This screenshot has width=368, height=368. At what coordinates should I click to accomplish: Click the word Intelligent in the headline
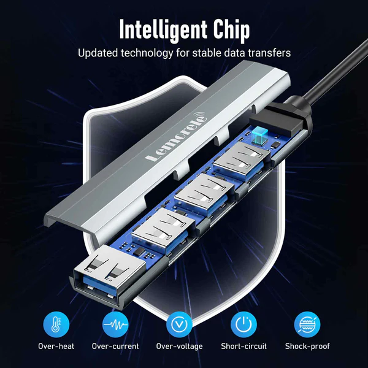[164, 30]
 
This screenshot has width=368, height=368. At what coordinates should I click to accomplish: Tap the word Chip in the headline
[231, 30]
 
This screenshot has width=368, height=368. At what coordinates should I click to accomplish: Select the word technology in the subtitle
[147, 53]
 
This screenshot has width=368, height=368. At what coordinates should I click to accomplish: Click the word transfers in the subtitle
[269, 53]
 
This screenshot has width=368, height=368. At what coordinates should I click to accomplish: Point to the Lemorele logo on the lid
[176, 137]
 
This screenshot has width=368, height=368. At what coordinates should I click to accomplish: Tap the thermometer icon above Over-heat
[56, 324]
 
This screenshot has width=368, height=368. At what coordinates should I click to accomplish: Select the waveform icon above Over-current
[115, 324]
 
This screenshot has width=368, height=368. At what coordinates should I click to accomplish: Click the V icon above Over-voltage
[179, 324]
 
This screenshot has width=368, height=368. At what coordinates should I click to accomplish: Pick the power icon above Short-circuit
[243, 324]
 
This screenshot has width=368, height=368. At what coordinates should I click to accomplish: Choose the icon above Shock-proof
[307, 324]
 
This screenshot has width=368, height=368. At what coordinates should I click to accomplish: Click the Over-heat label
[56, 346]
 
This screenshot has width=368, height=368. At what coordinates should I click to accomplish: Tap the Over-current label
[115, 346]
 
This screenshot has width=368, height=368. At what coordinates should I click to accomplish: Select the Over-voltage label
[179, 347]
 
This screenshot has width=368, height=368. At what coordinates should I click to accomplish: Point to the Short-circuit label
[243, 346]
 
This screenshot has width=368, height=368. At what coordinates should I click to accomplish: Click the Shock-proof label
[307, 347]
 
